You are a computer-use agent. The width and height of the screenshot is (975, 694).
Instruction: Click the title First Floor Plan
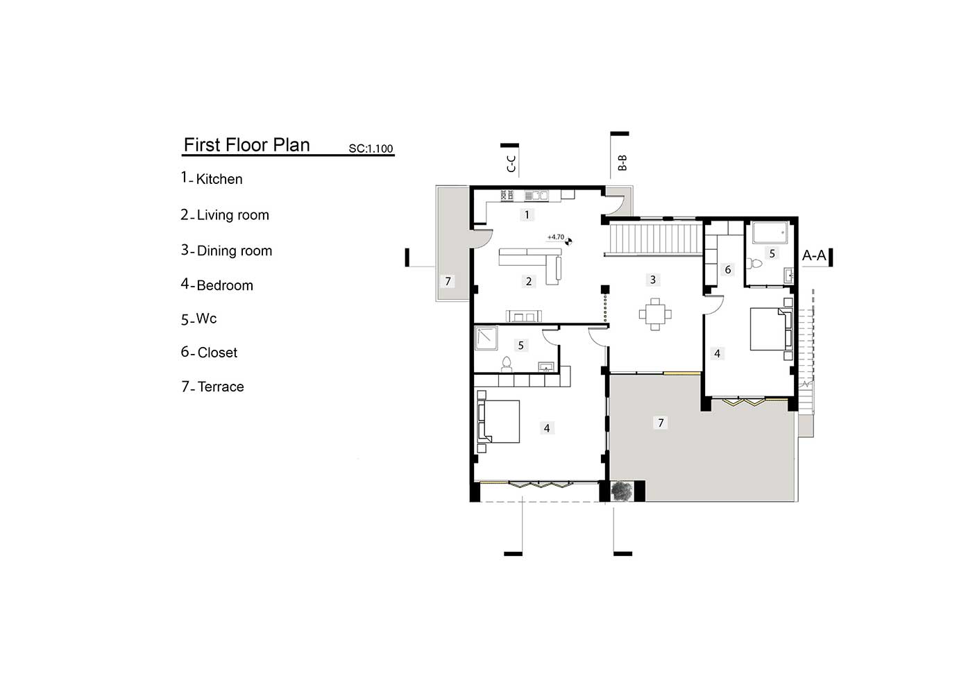click(247, 145)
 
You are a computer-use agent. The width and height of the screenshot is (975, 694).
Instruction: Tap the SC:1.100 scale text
click(371, 149)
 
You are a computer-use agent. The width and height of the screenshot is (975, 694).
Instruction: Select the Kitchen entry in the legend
click(212, 178)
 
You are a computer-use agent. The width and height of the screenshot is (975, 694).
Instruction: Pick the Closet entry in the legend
click(209, 353)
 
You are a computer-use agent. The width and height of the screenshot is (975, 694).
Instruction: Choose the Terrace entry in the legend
click(212, 387)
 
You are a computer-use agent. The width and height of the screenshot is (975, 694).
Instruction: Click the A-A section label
click(814, 255)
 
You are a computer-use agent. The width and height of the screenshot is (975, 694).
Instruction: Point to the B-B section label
click(622, 162)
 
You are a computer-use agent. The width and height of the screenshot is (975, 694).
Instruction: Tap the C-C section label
click(511, 164)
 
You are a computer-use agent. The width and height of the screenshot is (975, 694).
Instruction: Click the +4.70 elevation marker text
click(556, 237)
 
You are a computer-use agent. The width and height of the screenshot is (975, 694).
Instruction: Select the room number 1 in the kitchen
click(527, 214)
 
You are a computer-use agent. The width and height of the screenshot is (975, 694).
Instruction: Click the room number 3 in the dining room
click(653, 280)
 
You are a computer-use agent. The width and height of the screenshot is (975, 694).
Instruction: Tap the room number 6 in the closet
click(728, 270)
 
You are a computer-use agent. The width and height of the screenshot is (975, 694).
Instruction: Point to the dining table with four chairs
click(655, 314)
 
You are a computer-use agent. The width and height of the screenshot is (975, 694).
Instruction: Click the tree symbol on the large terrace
click(622, 491)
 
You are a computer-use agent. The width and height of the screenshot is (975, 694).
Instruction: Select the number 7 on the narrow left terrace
click(448, 281)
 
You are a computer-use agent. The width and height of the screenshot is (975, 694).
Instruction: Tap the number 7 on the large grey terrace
click(661, 423)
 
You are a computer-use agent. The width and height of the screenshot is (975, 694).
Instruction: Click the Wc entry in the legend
click(199, 319)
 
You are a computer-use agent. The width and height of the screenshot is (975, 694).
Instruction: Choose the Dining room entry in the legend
click(226, 251)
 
